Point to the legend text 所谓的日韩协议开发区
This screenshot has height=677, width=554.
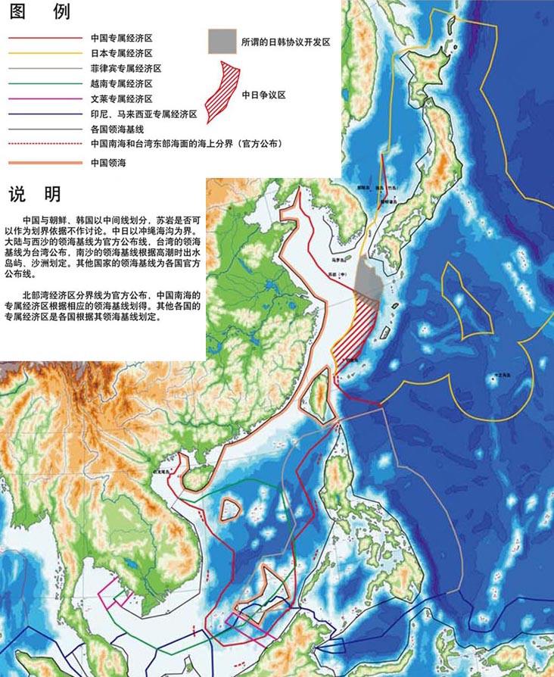285,42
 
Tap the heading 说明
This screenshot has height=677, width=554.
34,195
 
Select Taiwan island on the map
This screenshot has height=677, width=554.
321,398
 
